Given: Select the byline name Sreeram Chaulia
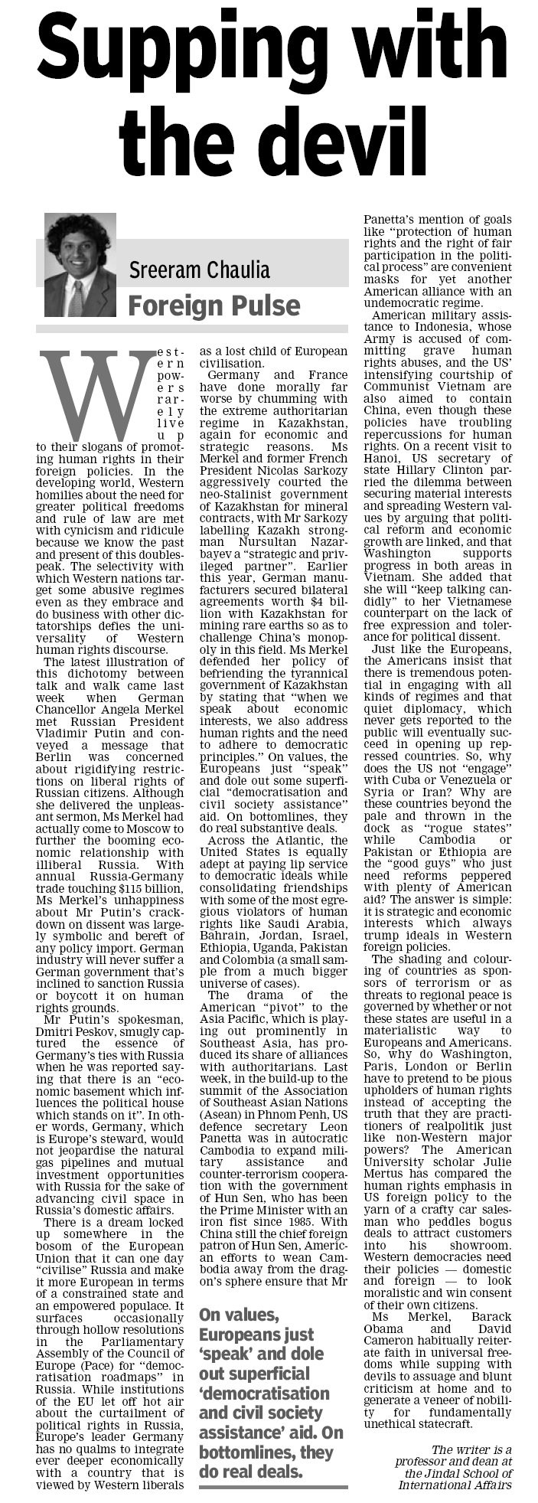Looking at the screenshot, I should pyautogui.click(x=199, y=270).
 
